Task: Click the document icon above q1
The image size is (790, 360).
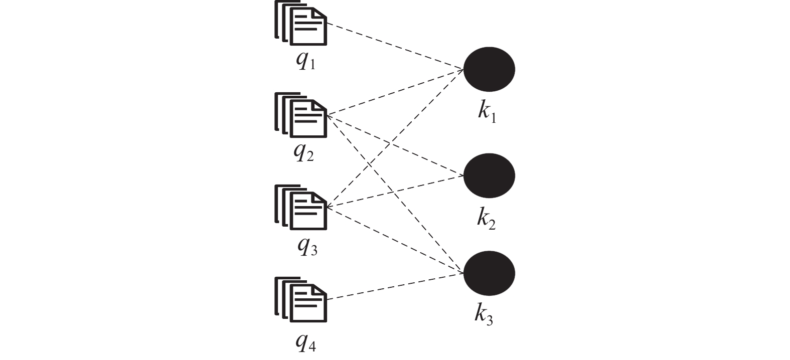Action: point(301,23)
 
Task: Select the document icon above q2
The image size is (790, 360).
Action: point(301,115)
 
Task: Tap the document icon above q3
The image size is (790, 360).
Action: point(301,208)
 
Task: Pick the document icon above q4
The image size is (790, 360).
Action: point(301,300)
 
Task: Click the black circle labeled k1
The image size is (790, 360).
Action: point(489,69)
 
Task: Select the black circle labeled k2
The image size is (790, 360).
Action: point(489,175)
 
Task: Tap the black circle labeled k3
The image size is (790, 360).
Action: point(489,273)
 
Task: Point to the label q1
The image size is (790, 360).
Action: point(306,61)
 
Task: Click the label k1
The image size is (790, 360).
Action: point(487,112)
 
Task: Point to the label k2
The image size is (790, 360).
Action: point(487,219)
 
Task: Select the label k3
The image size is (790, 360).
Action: point(484,314)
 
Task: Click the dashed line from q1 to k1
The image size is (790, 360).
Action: point(395,46)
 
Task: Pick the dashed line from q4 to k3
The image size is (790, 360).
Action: point(395,286)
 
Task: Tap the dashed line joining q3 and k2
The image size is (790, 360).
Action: point(395,191)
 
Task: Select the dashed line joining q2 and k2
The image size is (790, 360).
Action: point(395,145)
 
